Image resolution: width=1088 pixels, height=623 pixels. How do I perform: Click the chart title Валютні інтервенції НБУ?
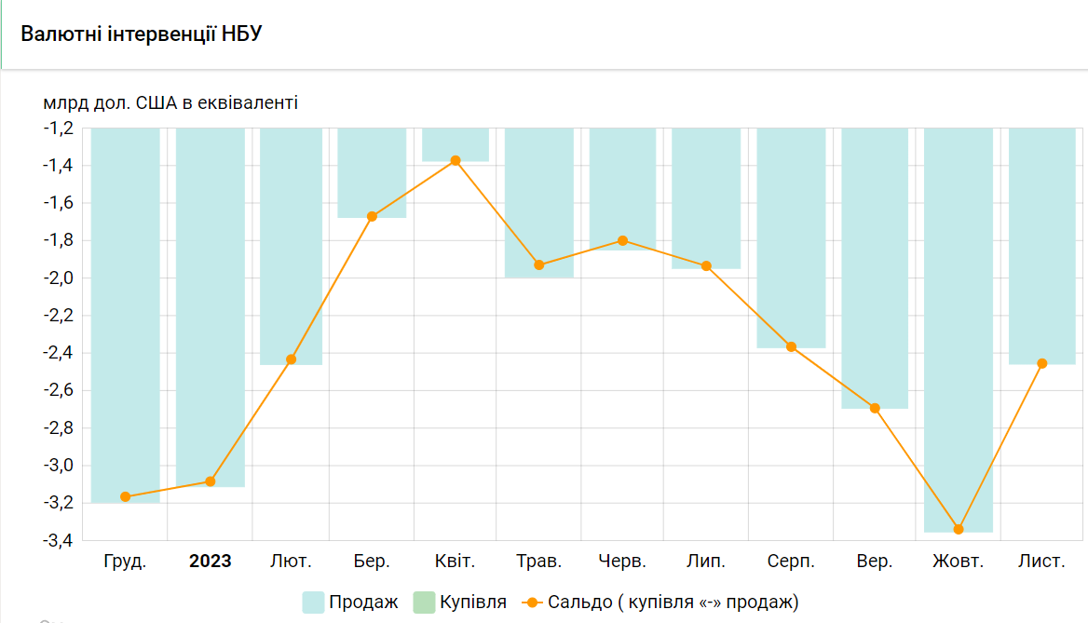coord(141,34)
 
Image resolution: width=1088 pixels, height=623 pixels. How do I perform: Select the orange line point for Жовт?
coord(959,529)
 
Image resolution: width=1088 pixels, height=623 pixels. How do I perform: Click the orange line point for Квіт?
coord(456,160)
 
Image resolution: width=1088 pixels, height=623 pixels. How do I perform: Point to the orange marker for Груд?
coord(126,496)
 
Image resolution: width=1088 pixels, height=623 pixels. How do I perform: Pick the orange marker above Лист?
coord(1042,363)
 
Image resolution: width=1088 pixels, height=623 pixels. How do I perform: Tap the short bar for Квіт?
coord(456,144)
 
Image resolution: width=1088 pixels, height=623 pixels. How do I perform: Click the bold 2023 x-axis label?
coord(211,562)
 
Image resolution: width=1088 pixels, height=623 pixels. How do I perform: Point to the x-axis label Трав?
coord(539,562)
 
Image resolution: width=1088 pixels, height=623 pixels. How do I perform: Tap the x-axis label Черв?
coord(622,562)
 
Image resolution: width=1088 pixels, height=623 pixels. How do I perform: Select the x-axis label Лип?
coord(706,562)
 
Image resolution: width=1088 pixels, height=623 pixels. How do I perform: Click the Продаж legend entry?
coord(350,603)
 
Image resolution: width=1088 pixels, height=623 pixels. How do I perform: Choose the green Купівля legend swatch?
coord(423,603)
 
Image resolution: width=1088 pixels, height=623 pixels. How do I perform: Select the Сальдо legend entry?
coord(661,603)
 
